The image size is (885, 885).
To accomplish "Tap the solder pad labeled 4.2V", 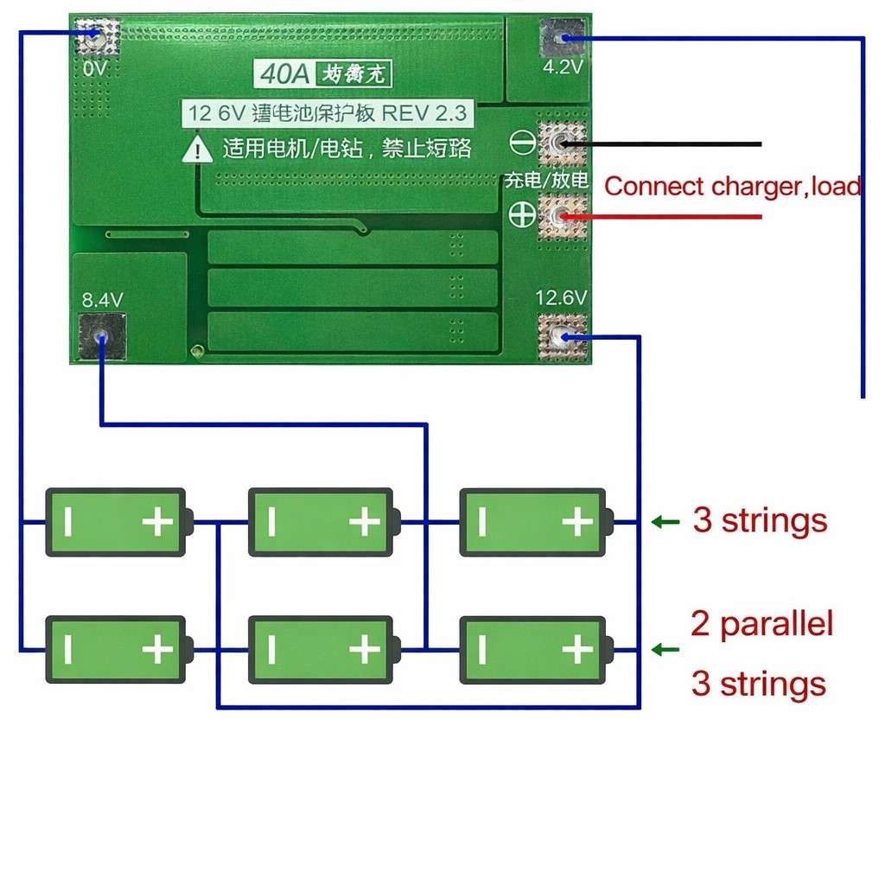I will click(x=562, y=38).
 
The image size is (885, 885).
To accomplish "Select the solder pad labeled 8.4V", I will click(x=102, y=336).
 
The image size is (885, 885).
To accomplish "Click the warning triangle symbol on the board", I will click(x=199, y=149).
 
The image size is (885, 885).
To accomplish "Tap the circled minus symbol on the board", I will click(x=522, y=142).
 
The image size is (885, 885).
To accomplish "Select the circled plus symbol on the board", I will click(x=522, y=214).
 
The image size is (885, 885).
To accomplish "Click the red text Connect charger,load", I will click(x=732, y=186).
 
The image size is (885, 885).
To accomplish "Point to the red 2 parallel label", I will click(x=761, y=623).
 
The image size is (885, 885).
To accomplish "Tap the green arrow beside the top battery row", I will click(x=665, y=522).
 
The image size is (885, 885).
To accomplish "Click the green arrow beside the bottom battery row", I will click(x=665, y=650).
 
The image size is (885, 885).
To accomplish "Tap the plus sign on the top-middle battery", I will click(x=365, y=522).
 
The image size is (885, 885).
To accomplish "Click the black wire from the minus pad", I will click(x=674, y=143).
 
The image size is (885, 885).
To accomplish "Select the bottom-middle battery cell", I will click(x=322, y=650).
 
